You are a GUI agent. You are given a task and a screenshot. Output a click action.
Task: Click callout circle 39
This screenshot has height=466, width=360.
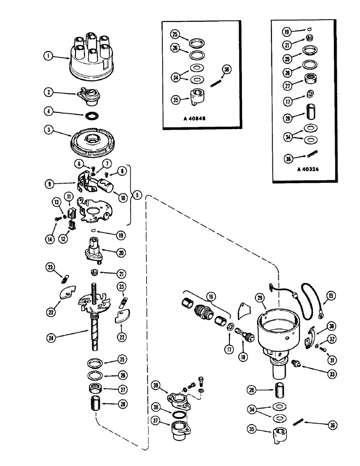coord(156,384)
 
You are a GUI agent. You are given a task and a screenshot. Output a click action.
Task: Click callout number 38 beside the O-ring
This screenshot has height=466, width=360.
coord(156,406)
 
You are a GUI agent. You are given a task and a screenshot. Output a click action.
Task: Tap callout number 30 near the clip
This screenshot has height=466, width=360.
coord(332,326)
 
